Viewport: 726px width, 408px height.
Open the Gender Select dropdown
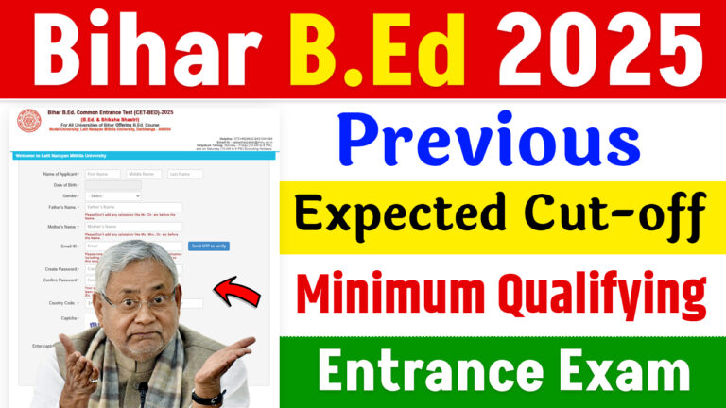(x=112, y=195)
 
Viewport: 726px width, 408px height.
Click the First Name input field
(x=102, y=174)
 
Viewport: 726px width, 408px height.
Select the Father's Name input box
(x=133, y=207)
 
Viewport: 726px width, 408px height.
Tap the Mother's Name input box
(x=133, y=227)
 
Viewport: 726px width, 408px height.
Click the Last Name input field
(x=185, y=174)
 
